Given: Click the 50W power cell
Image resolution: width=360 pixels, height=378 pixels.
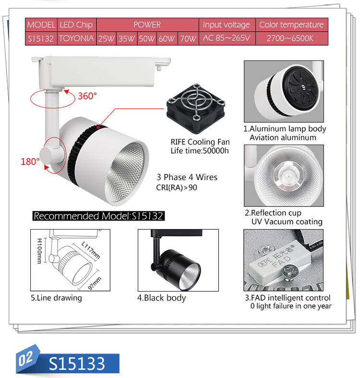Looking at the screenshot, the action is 147,38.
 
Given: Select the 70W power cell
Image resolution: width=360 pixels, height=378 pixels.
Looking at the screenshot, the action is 189,38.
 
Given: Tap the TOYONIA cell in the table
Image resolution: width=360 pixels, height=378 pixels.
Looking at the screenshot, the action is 77,38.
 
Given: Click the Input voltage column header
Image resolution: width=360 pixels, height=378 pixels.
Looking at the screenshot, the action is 227,24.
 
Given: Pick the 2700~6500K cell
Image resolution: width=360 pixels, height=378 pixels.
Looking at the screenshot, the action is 291,38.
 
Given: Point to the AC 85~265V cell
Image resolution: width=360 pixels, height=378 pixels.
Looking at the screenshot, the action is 227,38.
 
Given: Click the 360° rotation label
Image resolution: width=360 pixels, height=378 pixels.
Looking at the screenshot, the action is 87,96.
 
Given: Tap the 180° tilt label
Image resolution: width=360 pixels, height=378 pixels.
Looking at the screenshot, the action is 30,161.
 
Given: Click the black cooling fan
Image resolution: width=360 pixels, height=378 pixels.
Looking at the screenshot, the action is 196,109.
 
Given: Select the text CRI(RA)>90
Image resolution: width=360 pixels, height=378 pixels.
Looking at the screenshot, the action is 177,187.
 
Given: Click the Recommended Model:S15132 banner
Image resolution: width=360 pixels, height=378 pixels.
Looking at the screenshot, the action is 98,216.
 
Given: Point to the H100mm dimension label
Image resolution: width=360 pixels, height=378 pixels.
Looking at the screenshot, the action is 39,251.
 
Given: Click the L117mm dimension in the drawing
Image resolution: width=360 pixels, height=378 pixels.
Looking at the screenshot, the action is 91,250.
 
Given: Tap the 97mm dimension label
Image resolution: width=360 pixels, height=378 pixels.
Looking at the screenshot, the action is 95,283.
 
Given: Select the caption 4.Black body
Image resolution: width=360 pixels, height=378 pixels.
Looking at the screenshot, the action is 161,298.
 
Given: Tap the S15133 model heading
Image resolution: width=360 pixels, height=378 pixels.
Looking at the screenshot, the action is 77,364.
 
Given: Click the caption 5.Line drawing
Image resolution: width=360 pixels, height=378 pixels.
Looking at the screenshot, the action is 56,298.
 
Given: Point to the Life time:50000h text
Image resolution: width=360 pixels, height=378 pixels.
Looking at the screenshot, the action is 200,151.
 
